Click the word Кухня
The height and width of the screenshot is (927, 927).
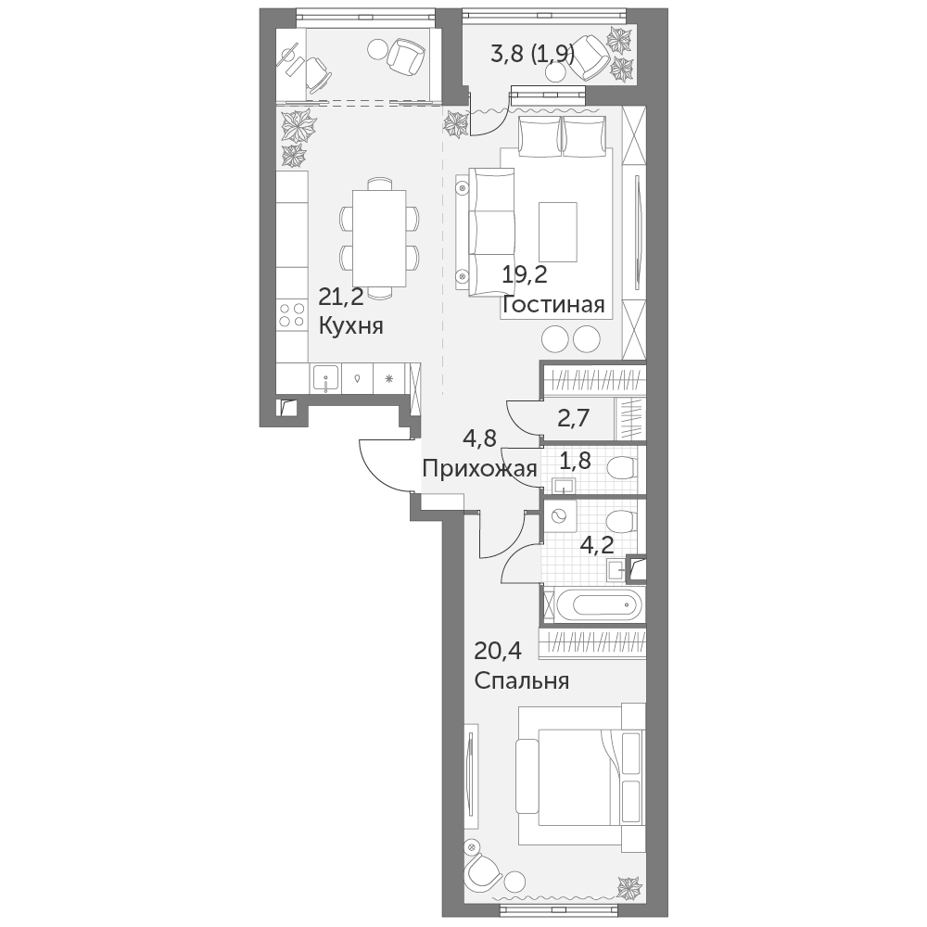(x=351, y=325)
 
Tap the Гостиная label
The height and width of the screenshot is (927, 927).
(x=553, y=305)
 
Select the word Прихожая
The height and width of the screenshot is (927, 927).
(x=479, y=469)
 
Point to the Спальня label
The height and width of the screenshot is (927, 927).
(x=521, y=681)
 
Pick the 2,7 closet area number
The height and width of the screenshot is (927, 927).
(x=574, y=419)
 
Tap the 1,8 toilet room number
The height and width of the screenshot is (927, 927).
(x=576, y=461)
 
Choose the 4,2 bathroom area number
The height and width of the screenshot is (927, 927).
(x=596, y=544)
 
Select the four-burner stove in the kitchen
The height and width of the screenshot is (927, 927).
(x=292, y=314)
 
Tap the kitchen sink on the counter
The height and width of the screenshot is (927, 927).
(x=325, y=378)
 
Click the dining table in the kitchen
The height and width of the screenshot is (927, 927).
(x=379, y=238)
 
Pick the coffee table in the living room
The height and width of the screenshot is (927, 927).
(x=557, y=232)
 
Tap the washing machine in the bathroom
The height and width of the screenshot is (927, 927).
(x=559, y=516)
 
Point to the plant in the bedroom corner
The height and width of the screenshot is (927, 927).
(x=629, y=886)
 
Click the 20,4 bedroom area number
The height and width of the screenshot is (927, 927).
(x=498, y=651)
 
